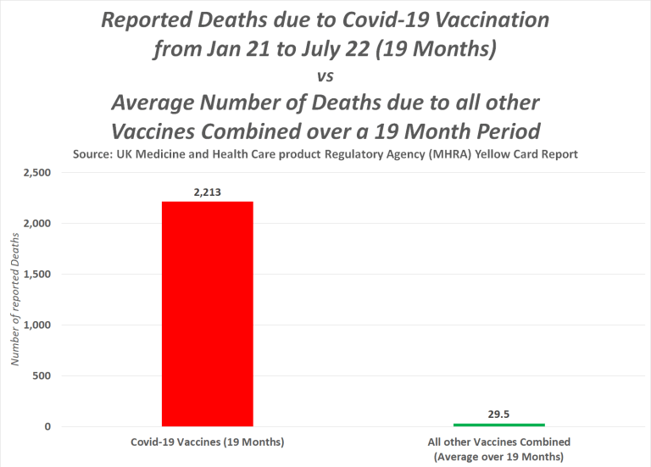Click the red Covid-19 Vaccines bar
(x=207, y=314)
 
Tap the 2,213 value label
(x=207, y=192)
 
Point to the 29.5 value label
(x=498, y=415)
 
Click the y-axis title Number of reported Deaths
(x=14, y=300)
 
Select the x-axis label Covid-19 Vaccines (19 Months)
(x=207, y=442)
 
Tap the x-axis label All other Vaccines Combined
(x=498, y=442)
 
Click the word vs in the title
(x=325, y=76)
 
